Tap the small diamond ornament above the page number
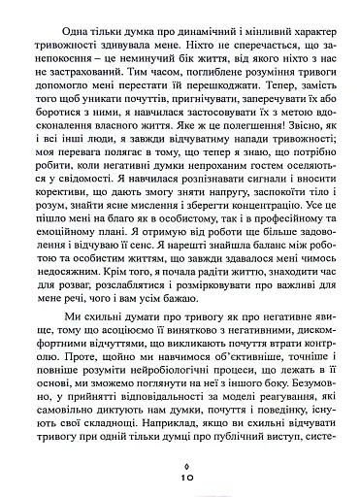[x=180, y=465]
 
